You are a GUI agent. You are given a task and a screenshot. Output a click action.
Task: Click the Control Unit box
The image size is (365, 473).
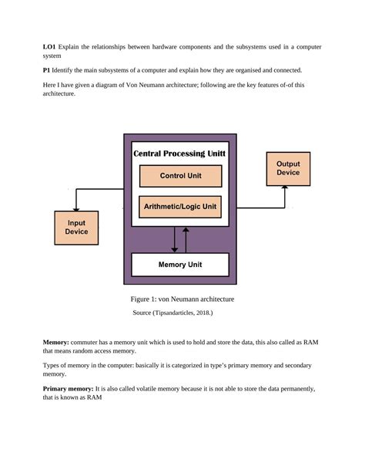point(180,176)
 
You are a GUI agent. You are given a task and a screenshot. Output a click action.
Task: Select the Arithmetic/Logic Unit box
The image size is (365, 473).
point(180,207)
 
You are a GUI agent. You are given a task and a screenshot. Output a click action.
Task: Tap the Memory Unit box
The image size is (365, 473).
point(180,265)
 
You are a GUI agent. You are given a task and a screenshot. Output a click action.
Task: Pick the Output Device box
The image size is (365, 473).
point(289,168)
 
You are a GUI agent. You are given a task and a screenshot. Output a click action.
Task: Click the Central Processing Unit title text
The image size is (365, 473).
point(180,154)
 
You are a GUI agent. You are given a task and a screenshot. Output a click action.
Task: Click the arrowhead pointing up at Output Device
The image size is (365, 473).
point(285,188)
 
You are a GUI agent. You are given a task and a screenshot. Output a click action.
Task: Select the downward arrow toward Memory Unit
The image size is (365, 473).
point(175,248)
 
